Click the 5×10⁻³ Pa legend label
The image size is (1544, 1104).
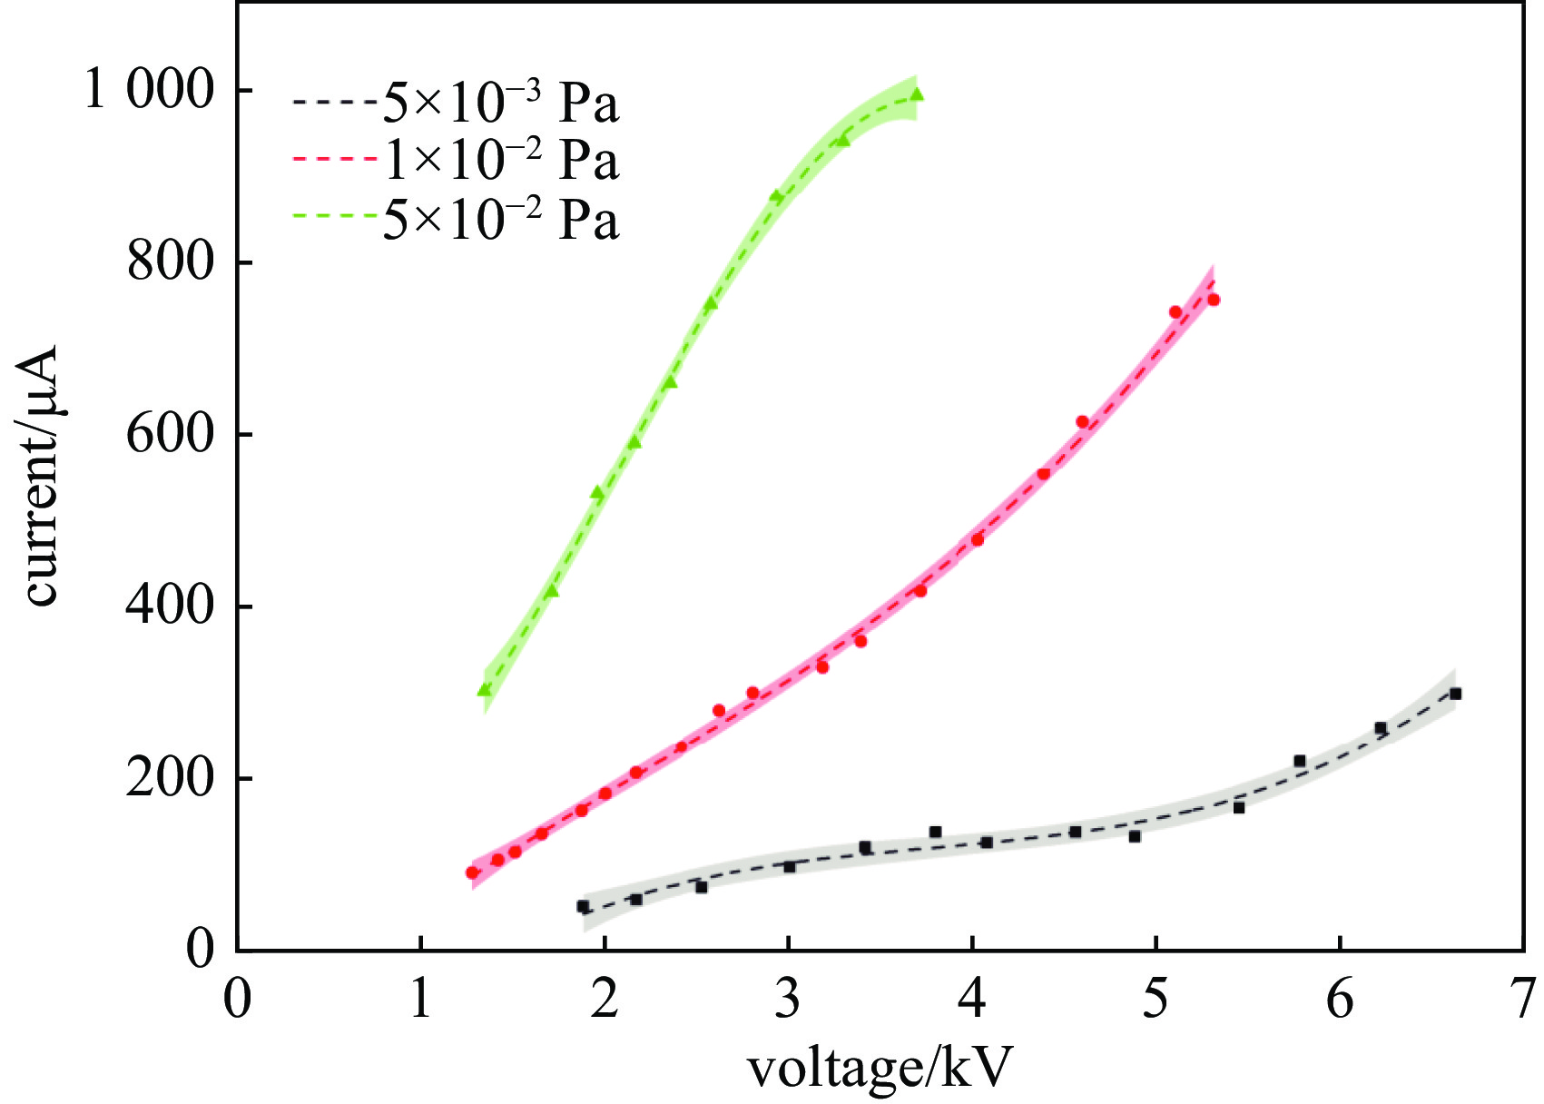500,103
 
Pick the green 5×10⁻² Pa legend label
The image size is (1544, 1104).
500,219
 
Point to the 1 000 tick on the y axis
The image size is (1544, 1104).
149,91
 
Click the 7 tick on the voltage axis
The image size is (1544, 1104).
1523,999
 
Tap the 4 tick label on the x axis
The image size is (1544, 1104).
972,999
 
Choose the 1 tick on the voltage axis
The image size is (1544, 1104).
421,999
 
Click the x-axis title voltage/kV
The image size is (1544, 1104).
879,1069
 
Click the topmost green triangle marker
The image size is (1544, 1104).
917,94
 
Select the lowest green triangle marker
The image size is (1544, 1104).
485,690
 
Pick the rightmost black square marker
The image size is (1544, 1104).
1455,694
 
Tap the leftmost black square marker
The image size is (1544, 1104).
583,906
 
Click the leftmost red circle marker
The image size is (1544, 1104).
472,872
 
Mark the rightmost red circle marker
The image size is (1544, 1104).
1214,300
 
